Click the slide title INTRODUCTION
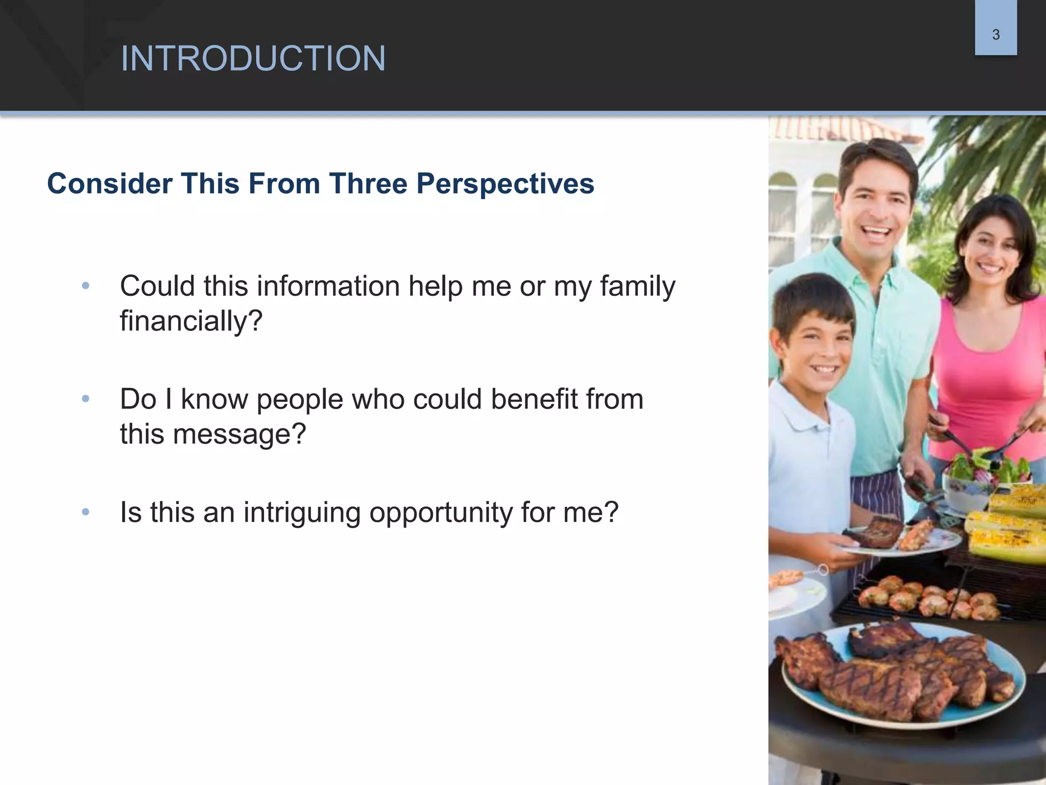[x=253, y=58]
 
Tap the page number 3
[x=995, y=35]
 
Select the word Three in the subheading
[x=368, y=183]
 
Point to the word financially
[x=191, y=321]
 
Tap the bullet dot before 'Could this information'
[x=86, y=286]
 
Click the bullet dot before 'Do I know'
[x=86, y=399]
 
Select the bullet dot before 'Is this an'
[x=86, y=512]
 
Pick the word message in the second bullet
[x=238, y=434]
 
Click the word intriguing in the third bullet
[x=302, y=513]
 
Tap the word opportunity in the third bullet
[x=441, y=513]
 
